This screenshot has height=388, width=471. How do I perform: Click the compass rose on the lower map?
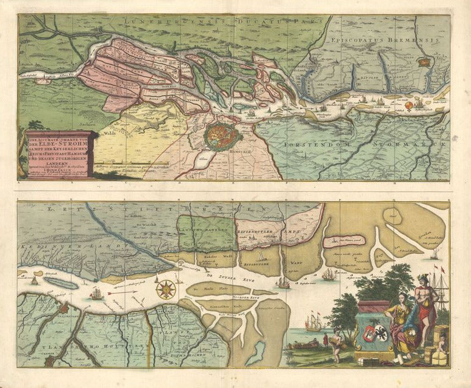[x=164, y=289]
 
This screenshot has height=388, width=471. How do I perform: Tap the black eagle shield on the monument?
[x=384, y=332]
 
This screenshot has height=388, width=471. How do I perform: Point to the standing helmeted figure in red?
[x=424, y=309]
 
